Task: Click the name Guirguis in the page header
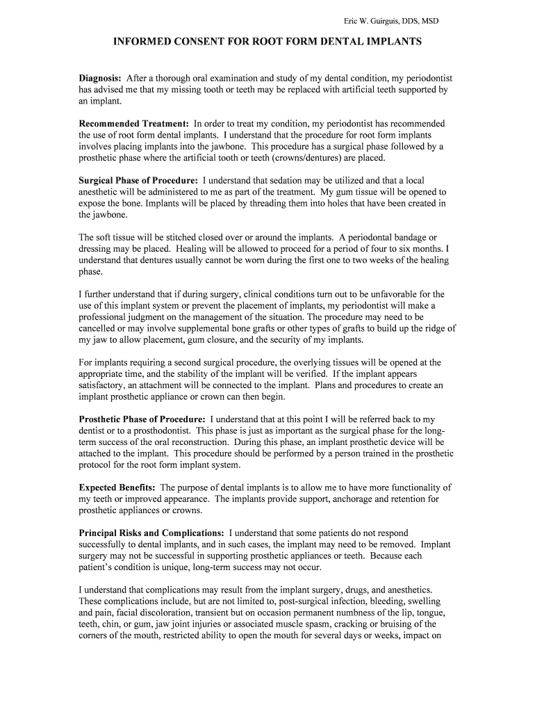(x=383, y=22)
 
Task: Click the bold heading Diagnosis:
(x=100, y=79)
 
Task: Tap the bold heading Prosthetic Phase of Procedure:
(x=142, y=419)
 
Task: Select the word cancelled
(x=99, y=328)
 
